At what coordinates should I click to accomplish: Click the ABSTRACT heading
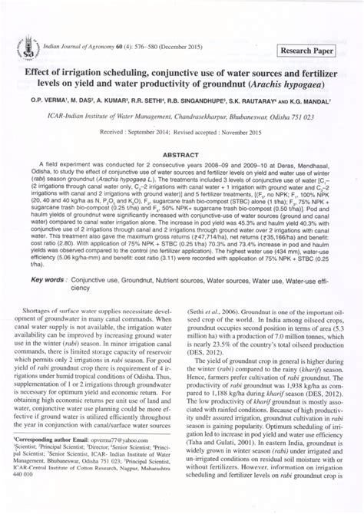[x=182, y=153]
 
